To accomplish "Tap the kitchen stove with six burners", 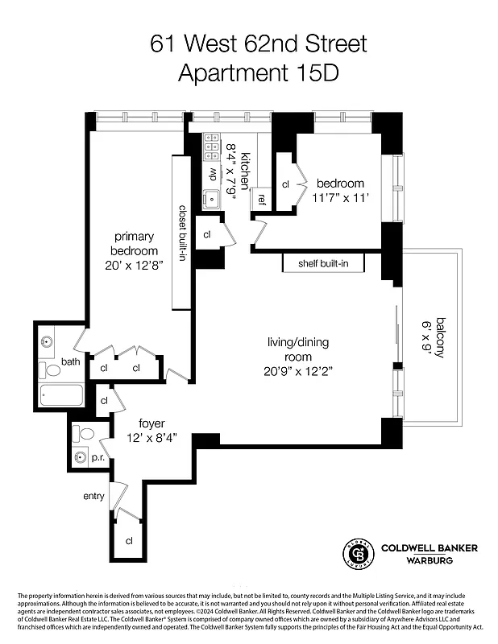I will [212, 147].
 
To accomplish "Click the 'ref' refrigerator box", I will [262, 198].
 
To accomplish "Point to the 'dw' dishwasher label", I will [214, 172].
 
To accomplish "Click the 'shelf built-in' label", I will [322, 263].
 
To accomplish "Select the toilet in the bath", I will [52, 370].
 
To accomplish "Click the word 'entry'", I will [93, 496].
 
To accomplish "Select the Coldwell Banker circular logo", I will [358, 553].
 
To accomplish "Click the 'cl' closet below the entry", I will [129, 541].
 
